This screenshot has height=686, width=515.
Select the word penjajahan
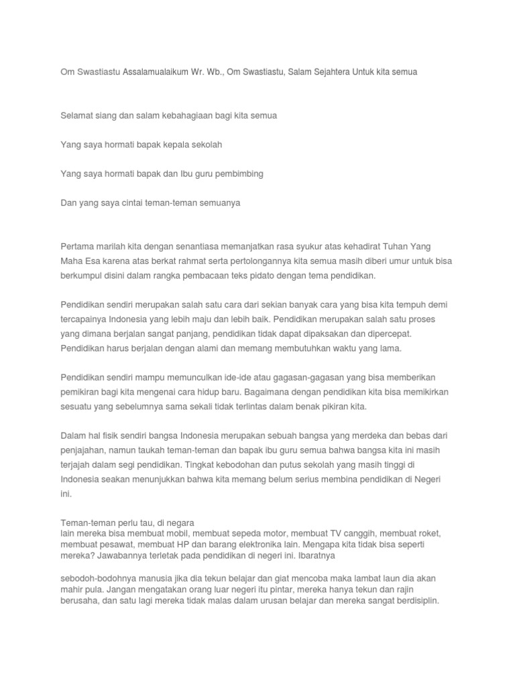[x=83, y=451]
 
